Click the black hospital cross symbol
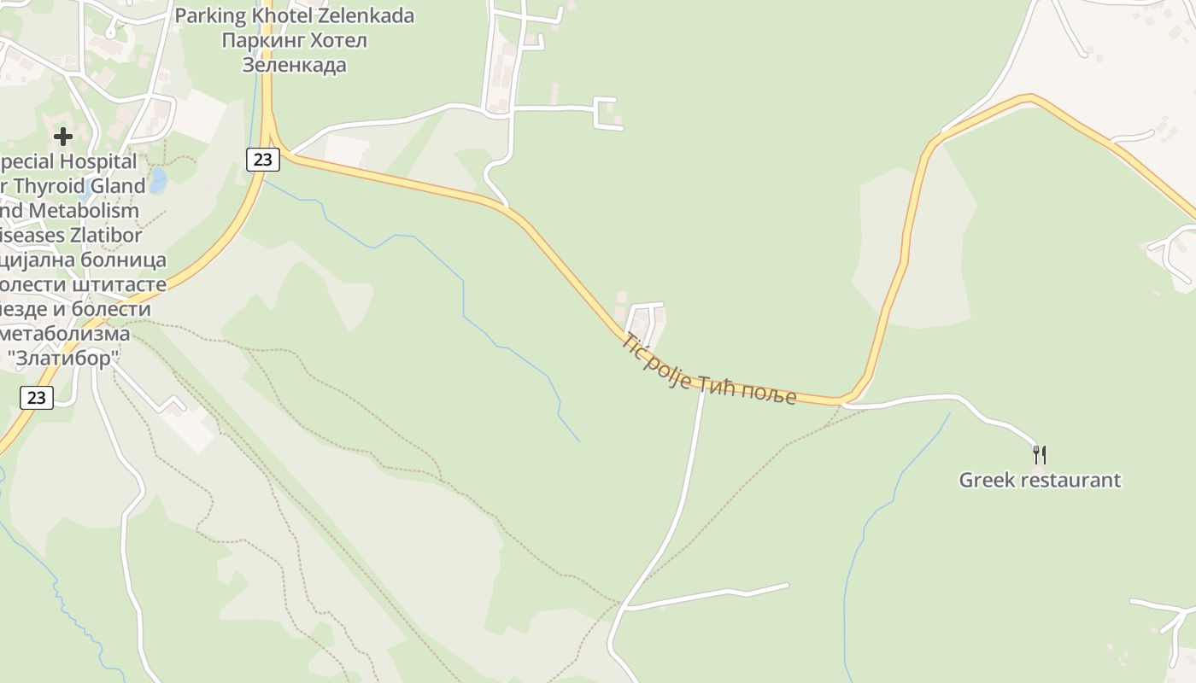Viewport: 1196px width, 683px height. tap(62, 136)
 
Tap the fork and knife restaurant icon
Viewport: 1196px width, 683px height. tap(1039, 454)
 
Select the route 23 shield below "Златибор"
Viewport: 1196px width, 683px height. tap(36, 397)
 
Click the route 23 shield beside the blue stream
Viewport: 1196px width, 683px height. tap(263, 159)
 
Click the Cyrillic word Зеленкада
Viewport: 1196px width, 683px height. tap(294, 65)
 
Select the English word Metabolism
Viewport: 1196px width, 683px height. tap(84, 210)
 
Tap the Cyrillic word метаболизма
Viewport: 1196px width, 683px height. tap(66, 333)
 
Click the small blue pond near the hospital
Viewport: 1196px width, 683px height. tap(158, 180)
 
